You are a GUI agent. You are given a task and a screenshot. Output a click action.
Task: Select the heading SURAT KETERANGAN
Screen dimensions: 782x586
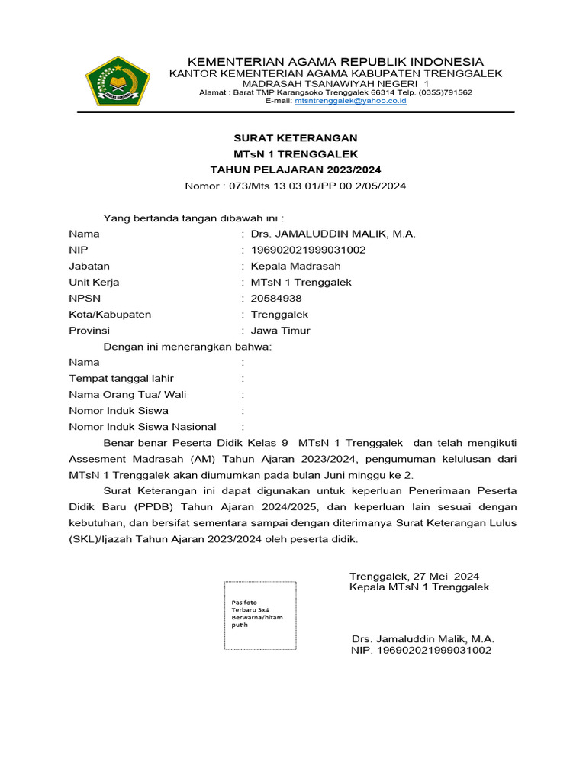click(x=295, y=138)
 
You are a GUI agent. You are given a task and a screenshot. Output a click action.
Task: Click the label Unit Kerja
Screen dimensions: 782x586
click(x=94, y=283)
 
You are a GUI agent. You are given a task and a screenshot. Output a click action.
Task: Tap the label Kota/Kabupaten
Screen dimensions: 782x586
click(x=110, y=315)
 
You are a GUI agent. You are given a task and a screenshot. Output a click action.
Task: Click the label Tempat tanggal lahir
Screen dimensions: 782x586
click(x=121, y=379)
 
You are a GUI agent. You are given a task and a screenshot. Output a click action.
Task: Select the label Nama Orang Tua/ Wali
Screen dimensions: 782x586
click(x=127, y=395)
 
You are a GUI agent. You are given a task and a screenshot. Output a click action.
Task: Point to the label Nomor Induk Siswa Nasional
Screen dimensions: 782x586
click(x=143, y=427)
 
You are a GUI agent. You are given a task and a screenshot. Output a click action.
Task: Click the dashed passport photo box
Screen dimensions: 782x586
click(x=260, y=615)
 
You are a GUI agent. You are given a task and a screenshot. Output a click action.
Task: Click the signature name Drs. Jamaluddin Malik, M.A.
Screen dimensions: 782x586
click(x=423, y=638)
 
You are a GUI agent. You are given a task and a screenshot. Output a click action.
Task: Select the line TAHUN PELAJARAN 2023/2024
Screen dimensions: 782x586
click(x=295, y=170)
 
